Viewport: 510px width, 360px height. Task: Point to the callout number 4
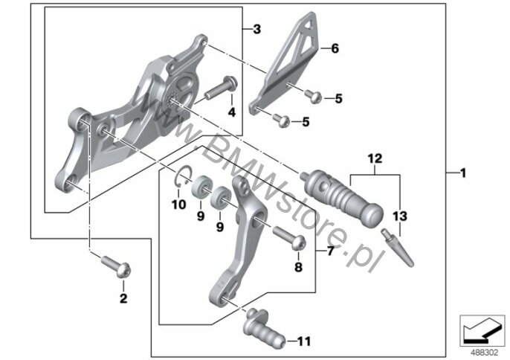coord(231,112)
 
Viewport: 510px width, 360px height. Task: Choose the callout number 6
coord(334,50)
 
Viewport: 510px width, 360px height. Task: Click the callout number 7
coord(330,252)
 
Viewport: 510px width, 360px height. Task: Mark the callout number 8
coord(299,267)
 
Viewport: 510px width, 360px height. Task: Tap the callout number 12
coord(373,158)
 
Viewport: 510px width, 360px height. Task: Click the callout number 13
coord(401,216)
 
